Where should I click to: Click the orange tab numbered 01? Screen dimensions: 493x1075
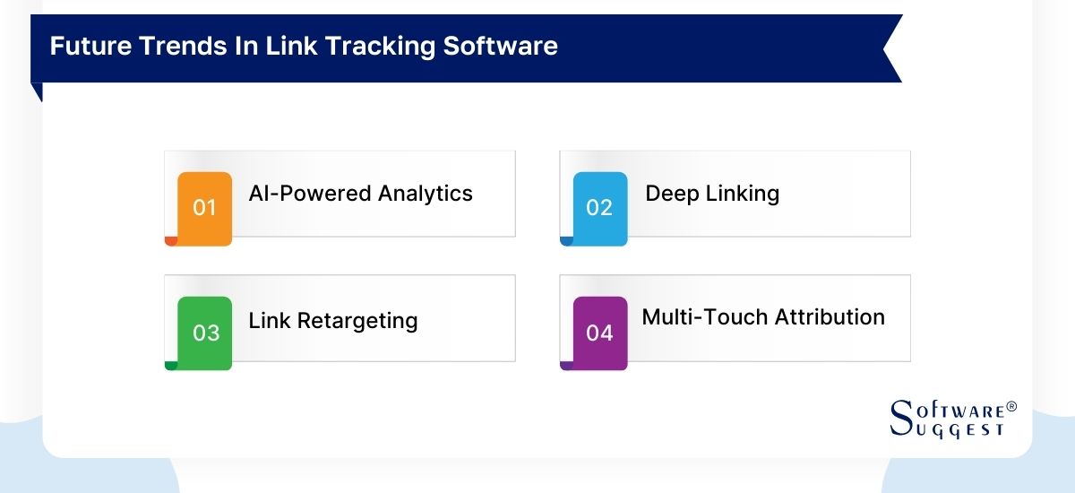pos(205,207)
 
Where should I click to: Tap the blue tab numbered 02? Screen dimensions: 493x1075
pos(599,207)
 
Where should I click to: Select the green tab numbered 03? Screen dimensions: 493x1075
pos(205,333)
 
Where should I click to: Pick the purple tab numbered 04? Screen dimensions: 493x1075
pos(599,333)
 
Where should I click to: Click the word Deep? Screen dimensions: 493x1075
pos(670,194)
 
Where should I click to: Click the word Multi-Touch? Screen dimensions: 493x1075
pos(694,317)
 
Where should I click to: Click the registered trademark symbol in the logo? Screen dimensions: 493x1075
pos(1011,407)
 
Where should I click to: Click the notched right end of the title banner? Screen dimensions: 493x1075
pos(890,48)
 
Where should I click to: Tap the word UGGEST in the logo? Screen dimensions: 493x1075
pos(960,430)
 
